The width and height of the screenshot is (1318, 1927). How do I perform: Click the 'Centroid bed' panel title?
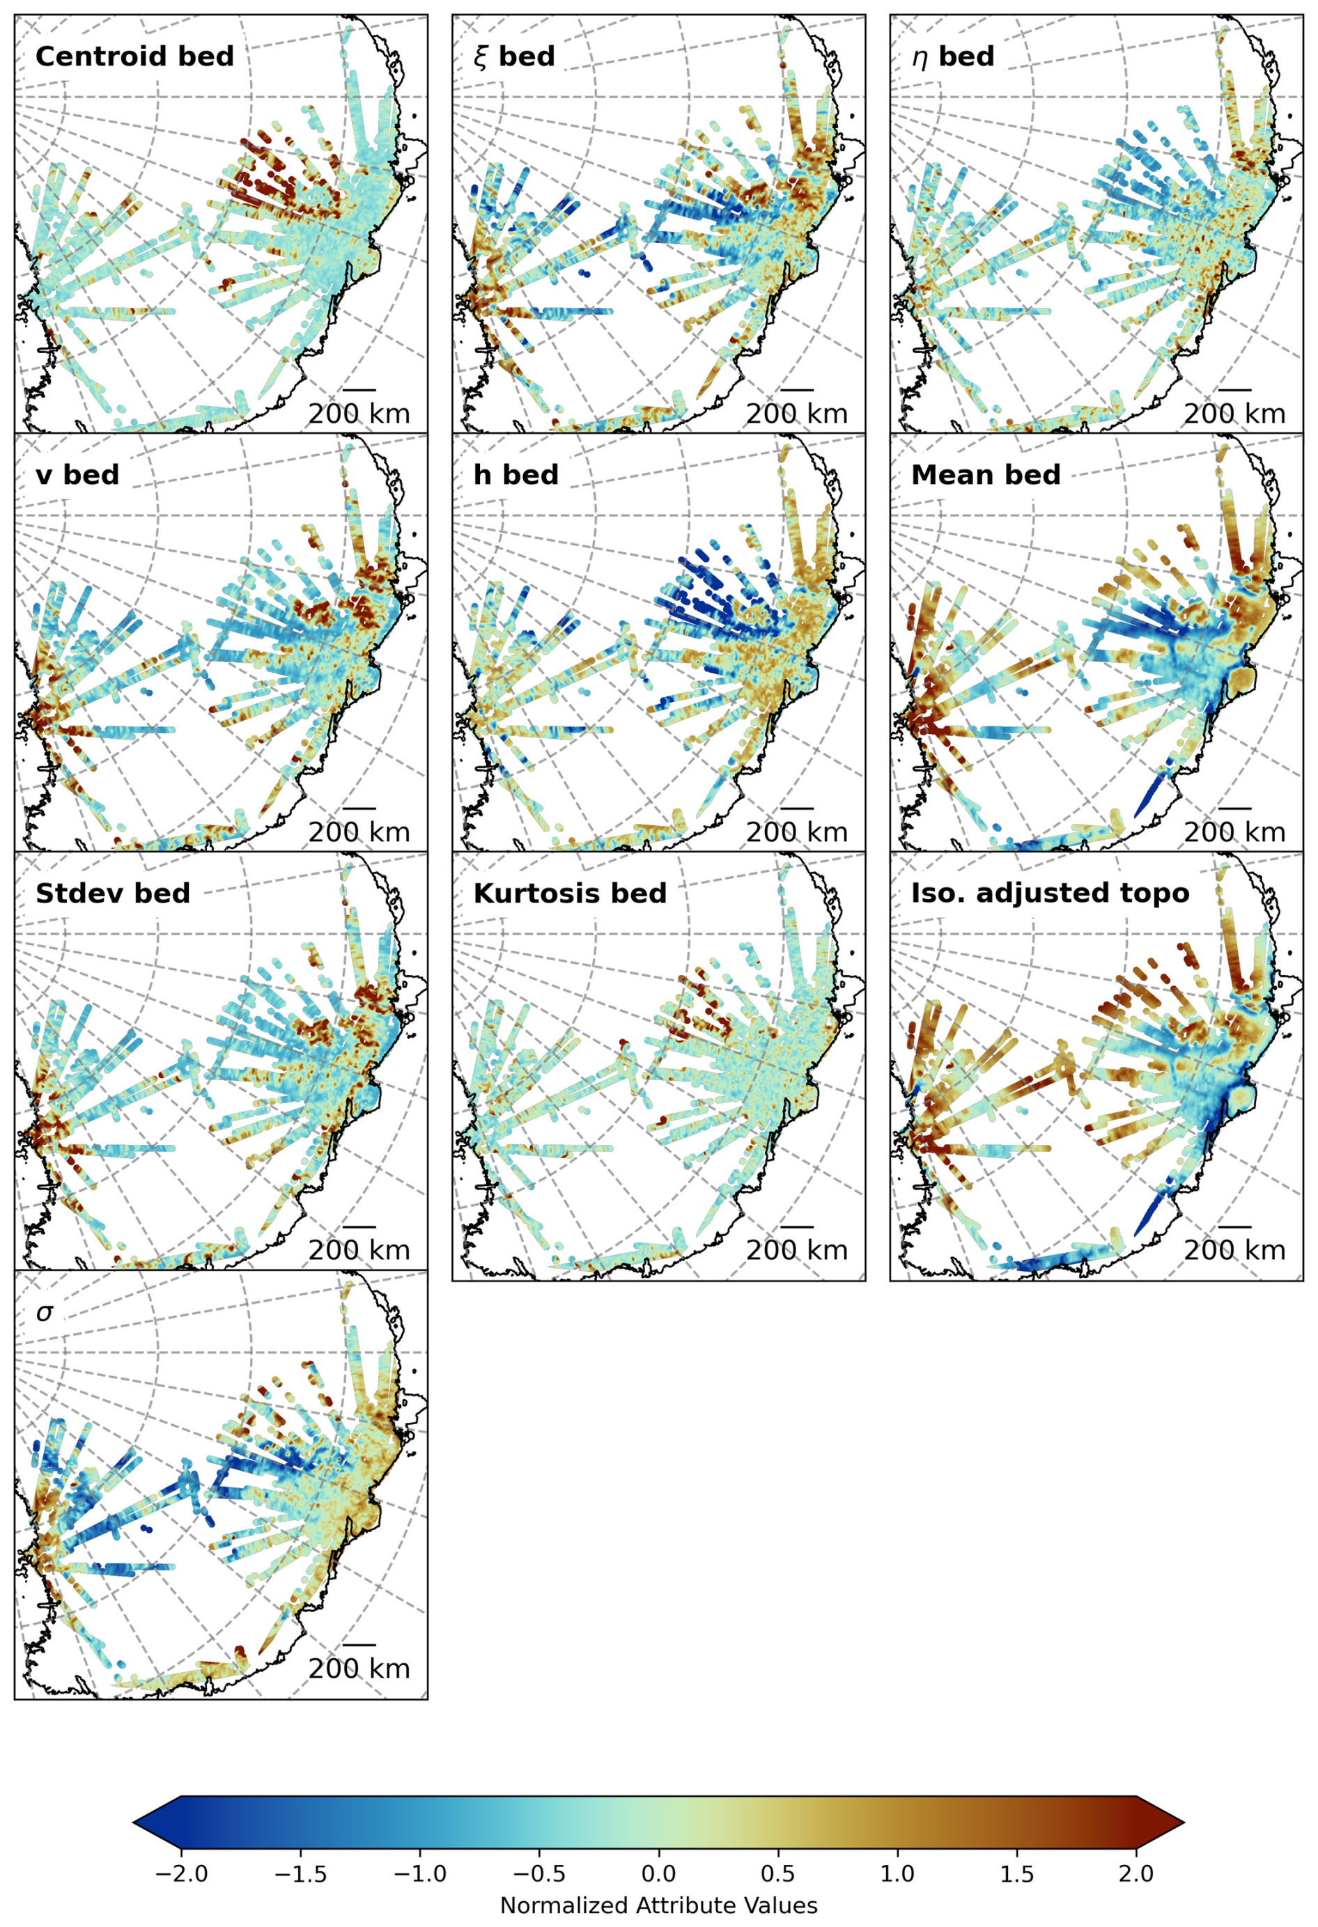point(134,56)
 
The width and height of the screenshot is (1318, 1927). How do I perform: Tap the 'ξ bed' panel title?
point(513,56)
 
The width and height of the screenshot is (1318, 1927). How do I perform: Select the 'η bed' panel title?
point(952,56)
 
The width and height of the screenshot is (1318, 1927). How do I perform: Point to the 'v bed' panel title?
point(77,475)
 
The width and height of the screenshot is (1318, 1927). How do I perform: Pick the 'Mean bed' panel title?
point(986,475)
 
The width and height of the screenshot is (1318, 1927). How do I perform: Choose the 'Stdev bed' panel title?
point(113,893)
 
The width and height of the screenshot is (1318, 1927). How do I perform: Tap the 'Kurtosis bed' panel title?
point(570,893)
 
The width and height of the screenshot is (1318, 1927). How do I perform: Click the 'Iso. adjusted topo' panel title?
point(1050,893)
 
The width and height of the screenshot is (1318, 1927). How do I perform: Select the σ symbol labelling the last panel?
point(45,1313)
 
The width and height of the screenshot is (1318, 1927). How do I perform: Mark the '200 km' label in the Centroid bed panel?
point(359,413)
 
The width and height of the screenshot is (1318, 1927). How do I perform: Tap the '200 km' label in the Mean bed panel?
point(1234,832)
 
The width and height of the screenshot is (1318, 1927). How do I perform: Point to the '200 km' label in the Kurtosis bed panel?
point(796,1250)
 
